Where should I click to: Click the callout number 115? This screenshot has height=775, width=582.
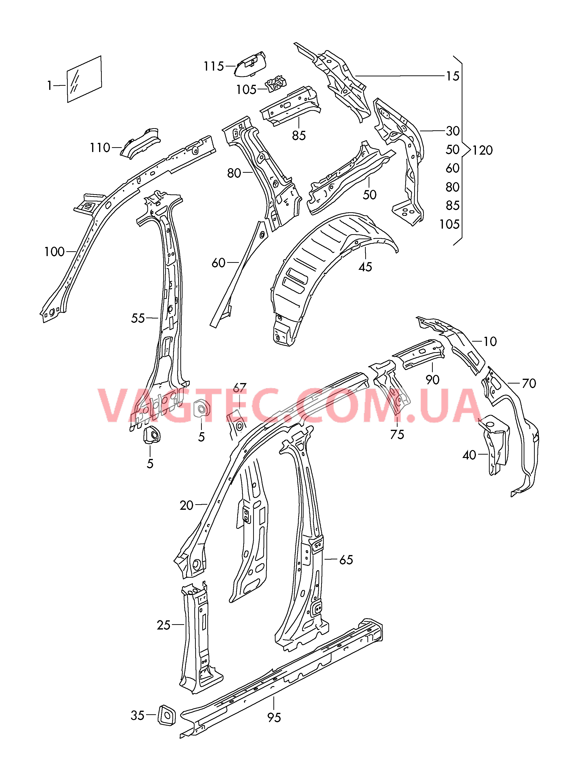[x=214, y=66]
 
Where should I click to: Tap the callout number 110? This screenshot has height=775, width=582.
[x=100, y=148]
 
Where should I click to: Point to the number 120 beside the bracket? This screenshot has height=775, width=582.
[x=482, y=150]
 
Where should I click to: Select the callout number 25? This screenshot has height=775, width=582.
[x=163, y=625]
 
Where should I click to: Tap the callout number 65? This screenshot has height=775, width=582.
[x=346, y=560]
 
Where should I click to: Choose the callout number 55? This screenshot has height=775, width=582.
[x=138, y=318]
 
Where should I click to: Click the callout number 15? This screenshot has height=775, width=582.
[x=452, y=76]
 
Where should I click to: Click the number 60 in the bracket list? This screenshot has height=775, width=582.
[x=452, y=169]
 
